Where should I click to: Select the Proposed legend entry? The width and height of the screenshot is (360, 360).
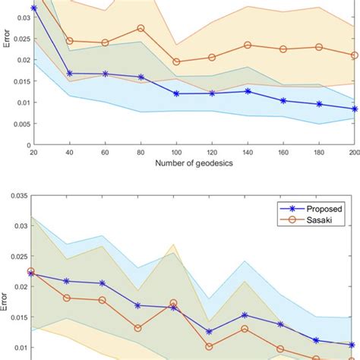tap(319, 206)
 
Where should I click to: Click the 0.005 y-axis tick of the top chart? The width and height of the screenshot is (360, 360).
tap(19, 124)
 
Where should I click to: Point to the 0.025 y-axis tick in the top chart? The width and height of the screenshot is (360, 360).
tap(19, 39)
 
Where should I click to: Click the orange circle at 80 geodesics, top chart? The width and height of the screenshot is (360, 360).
tap(141, 28)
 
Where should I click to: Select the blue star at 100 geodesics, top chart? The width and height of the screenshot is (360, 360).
tap(176, 93)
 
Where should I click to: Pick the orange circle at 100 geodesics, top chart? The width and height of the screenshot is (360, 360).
tap(176, 62)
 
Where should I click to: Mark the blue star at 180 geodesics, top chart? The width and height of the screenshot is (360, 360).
tap(319, 104)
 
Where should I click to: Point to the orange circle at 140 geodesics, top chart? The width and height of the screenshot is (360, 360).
tap(248, 45)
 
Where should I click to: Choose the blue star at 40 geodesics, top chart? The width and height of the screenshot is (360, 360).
tap(69, 73)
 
